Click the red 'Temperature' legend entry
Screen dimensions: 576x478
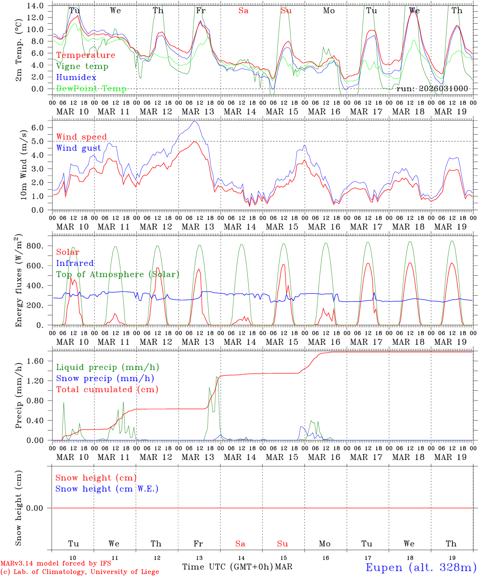coord(86,55)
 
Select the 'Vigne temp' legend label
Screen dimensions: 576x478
coord(82,66)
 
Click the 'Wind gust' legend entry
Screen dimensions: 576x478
coord(78,148)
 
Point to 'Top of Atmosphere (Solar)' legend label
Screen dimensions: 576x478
coord(118,274)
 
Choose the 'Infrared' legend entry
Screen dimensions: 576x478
coord(75,263)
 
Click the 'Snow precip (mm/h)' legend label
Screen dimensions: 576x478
coord(105,378)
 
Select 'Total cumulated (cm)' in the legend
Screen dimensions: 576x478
coord(107,390)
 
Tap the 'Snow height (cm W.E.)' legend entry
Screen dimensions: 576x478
coord(107,489)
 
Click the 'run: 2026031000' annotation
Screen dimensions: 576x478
coord(432,89)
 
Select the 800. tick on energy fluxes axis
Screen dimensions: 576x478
coord(34,246)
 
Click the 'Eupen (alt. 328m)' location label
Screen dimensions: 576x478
coord(421,567)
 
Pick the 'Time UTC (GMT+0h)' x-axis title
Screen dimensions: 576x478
coord(227,567)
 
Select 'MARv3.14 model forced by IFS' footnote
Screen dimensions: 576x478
coord(56,564)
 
